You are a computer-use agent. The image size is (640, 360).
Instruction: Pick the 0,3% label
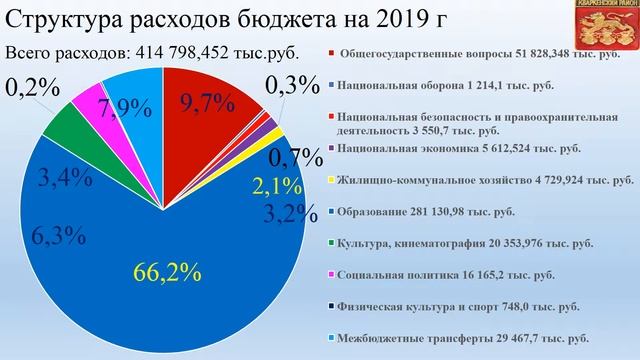[x=289, y=88]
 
